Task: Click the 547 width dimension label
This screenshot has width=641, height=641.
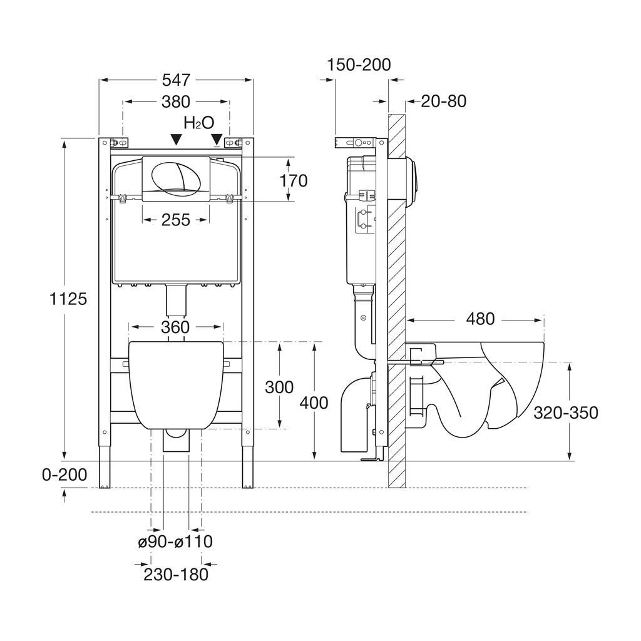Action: coord(177,80)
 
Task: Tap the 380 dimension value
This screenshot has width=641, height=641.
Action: coord(176,101)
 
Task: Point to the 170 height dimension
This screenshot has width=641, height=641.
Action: coord(294,180)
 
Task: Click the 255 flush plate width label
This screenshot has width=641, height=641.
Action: coord(176,220)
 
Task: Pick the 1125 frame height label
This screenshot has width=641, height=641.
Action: coord(68,299)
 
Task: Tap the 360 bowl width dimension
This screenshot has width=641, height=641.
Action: coord(176,327)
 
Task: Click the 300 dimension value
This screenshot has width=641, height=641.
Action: coord(279,387)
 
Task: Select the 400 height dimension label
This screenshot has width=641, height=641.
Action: coord(314,403)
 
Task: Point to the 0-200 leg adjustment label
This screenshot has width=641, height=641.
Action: coord(64,475)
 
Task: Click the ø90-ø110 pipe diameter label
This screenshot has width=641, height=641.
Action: coord(175,541)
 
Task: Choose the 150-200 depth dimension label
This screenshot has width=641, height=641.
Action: coord(359,64)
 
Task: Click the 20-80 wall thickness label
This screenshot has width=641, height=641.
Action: coord(443,101)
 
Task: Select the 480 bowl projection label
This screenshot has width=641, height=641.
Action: coord(480,319)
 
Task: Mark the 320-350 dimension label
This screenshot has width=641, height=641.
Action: coord(566,413)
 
